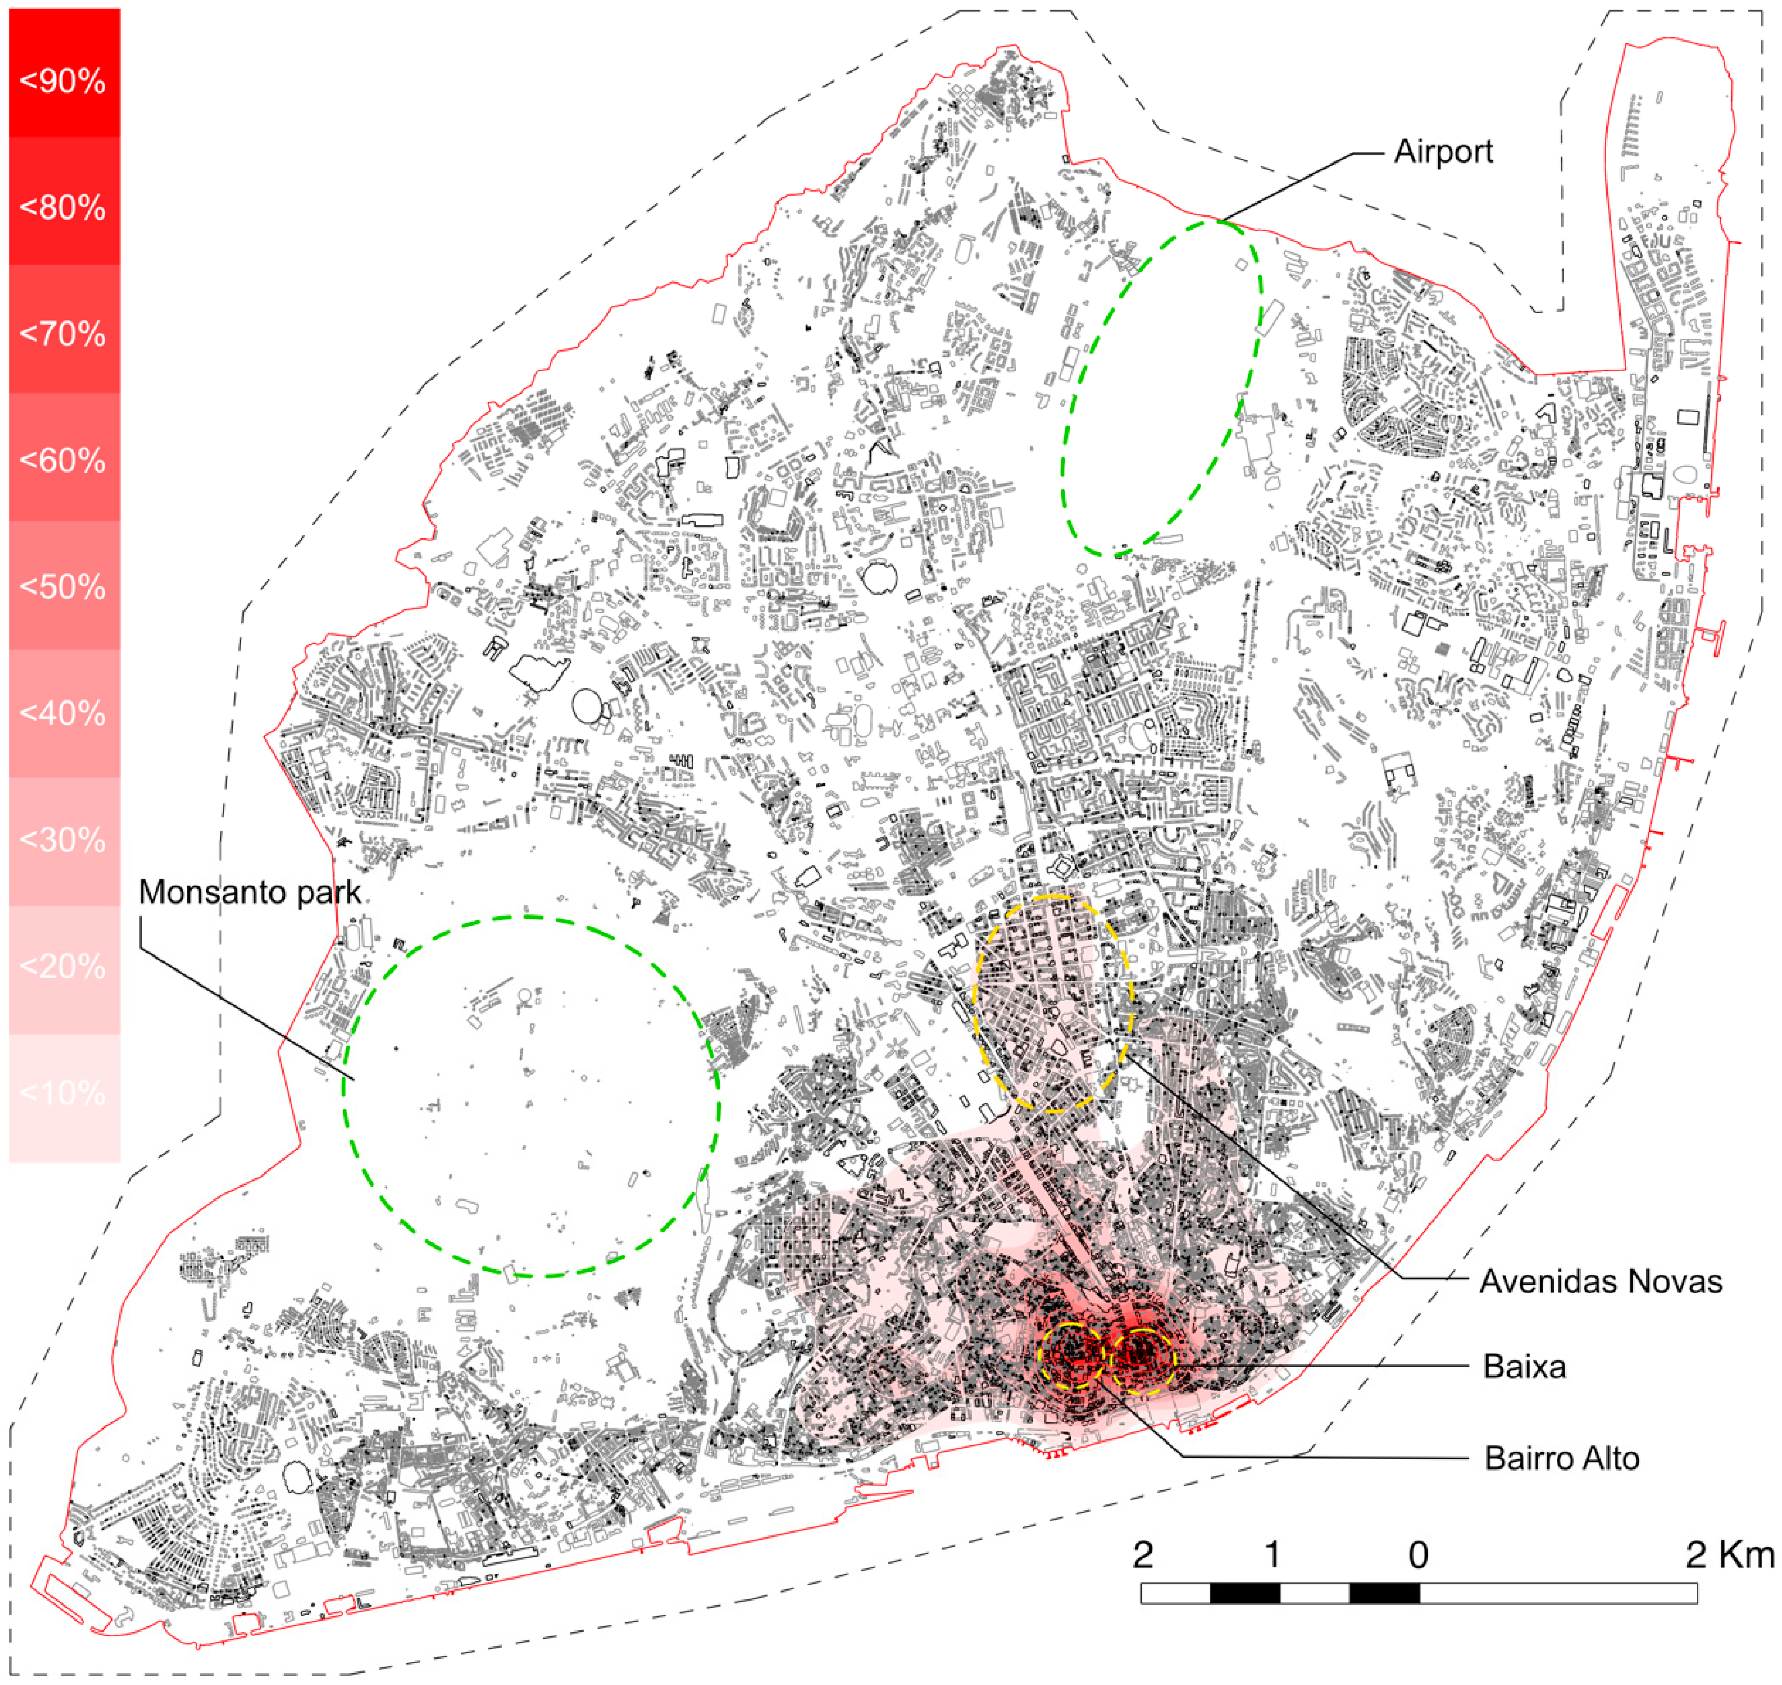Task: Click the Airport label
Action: coord(1442,152)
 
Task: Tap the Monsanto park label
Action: coord(250,893)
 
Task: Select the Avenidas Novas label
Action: coord(1601,1282)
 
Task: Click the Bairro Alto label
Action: coord(1562,1458)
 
